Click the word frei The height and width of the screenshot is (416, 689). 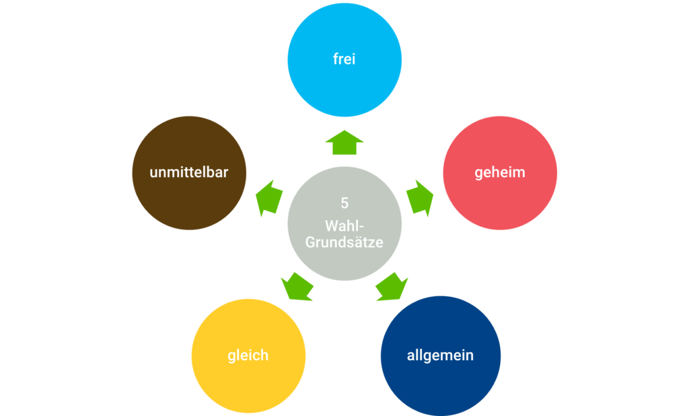(344, 59)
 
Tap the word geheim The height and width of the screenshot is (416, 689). (500, 172)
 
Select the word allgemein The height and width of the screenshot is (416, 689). (441, 355)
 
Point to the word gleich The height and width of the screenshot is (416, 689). (248, 355)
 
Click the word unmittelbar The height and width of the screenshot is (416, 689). (189, 172)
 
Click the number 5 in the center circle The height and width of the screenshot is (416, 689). (344, 203)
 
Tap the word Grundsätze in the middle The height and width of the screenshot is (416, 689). (344, 242)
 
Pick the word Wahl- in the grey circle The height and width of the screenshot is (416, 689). (344, 225)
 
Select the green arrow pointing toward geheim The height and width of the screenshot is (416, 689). (421, 197)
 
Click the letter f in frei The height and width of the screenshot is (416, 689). (335, 59)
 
